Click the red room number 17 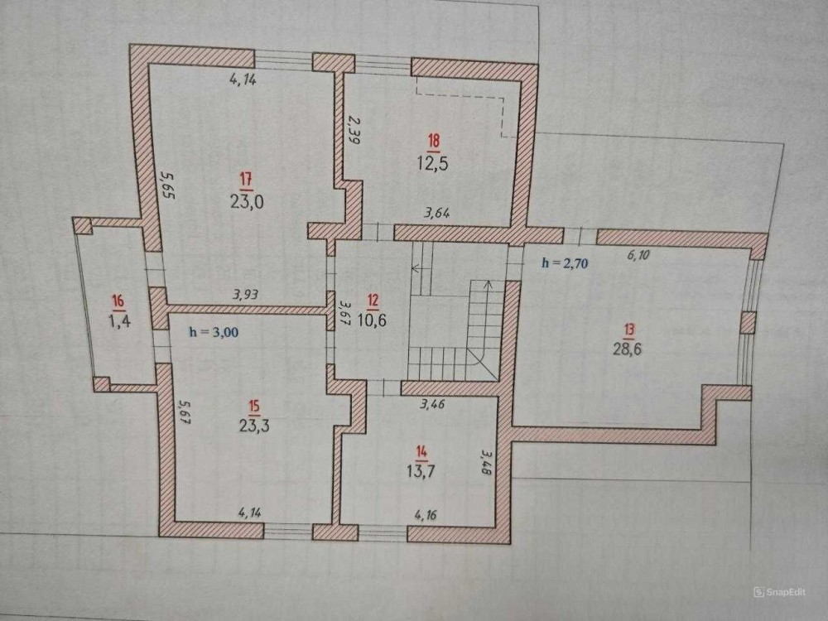tap(246, 180)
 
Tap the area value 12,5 tap(433, 163)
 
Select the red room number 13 tap(629, 330)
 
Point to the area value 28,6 tap(628, 349)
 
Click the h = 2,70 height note tap(565, 263)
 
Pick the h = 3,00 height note tap(214, 332)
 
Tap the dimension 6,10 tap(639, 255)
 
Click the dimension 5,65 tap(168, 185)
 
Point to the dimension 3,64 tap(437, 214)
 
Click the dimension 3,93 tap(246, 294)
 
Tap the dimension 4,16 tap(425, 514)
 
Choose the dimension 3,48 tap(486, 462)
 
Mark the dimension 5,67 tap(183, 412)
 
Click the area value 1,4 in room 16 tap(119, 320)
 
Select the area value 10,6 tap(372, 320)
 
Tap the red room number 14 tap(421, 451)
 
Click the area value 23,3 tap(254, 425)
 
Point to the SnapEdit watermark tap(779, 592)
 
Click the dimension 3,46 tap(432, 405)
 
